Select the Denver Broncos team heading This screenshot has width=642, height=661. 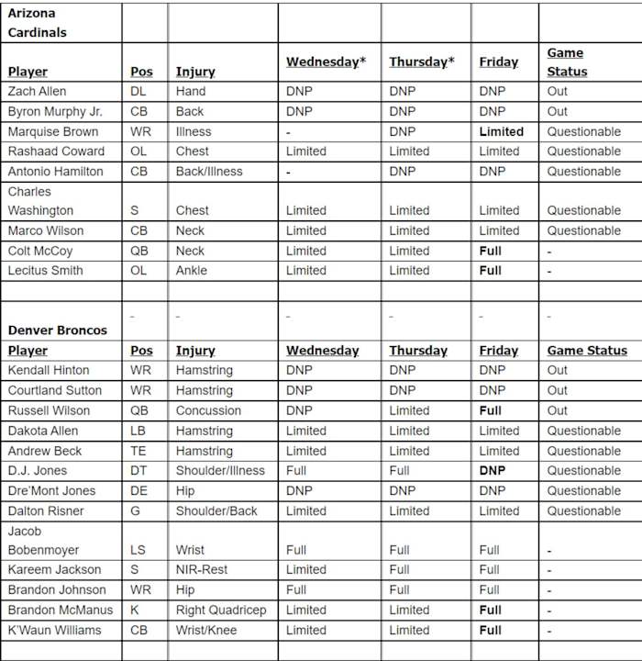pos(57,330)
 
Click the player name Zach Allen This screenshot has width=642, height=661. pos(37,91)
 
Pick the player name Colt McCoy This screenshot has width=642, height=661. pos(40,251)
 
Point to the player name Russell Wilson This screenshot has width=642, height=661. pos(47,410)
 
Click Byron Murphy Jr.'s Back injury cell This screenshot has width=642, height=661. pos(191,111)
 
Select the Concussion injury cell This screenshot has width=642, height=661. pos(208,410)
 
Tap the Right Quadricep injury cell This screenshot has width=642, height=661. pos(220,610)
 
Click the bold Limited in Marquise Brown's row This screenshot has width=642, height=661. pos(501,131)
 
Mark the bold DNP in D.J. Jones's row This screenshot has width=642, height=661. pos(492,470)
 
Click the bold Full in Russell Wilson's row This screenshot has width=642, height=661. pos(490,410)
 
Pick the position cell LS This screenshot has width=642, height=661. pos(138,550)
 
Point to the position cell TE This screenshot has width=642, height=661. pos(138,451)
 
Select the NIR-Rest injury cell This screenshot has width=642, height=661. pos(203,569)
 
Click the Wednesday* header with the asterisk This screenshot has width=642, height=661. pos(326,62)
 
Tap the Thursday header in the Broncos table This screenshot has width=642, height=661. pos(418,351)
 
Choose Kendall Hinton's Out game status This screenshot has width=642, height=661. pos(558,370)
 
